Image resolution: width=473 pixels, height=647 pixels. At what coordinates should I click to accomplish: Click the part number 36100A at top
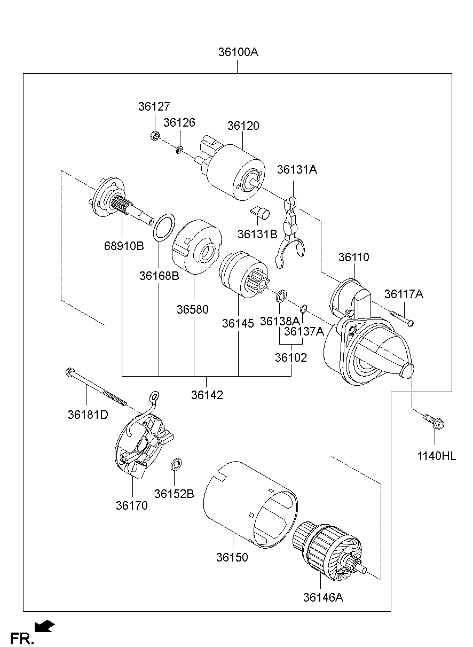pos(238,52)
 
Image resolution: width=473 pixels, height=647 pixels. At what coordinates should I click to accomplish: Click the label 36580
pos(193,310)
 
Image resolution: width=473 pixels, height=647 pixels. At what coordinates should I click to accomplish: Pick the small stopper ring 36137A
pos(302,308)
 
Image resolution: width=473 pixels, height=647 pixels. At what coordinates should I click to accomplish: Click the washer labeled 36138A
pos(282,295)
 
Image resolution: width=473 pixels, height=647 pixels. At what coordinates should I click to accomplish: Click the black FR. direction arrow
pos(44,626)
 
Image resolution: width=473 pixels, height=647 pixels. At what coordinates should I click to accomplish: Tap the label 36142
pos(207,395)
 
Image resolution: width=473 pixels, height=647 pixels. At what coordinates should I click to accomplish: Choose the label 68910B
pos(124,246)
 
